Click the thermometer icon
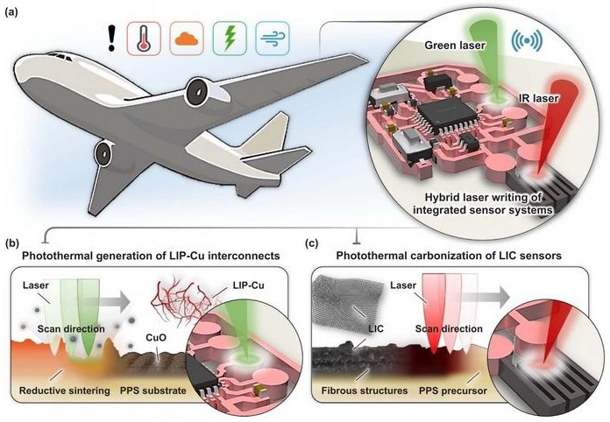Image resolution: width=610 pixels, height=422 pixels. click(144, 39)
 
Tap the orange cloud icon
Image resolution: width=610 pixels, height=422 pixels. click(187, 39)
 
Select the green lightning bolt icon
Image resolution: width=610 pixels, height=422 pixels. click(230, 39)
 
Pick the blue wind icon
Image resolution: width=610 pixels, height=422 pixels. click(273, 39)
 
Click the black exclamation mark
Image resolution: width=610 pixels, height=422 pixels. click(112, 38)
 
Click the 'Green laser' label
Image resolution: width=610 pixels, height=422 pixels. click(455, 46)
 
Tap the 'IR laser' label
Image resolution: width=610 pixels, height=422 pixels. click(538, 98)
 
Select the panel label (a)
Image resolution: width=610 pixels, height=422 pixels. click(11, 12)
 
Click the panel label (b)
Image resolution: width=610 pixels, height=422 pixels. click(12, 243)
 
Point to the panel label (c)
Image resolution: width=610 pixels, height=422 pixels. click(312, 243)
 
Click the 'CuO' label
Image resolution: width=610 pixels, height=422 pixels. click(156, 337)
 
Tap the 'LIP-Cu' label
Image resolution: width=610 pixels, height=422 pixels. click(249, 285)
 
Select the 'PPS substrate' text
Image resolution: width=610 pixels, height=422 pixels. click(152, 390)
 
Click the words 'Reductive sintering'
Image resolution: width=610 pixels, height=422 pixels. click(65, 390)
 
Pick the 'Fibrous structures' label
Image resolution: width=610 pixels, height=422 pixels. click(365, 390)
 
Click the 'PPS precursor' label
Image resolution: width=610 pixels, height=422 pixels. click(453, 390)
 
